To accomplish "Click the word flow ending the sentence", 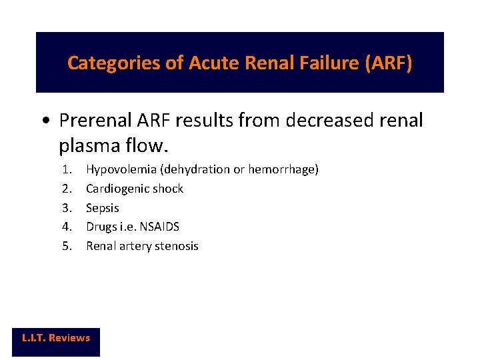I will pos(139,144).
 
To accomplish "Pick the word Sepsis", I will pos(103,208).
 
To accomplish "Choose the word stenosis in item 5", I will pos(176,246).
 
